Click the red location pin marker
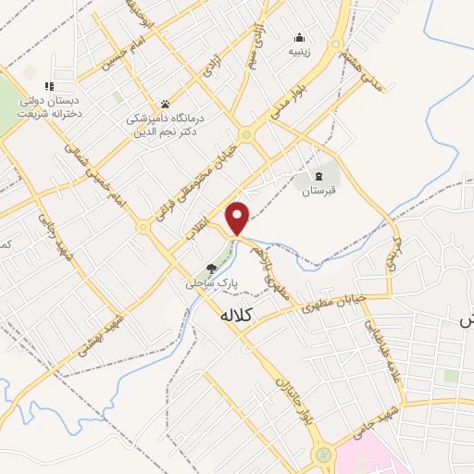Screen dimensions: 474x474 [238, 217]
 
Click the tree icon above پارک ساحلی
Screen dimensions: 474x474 [212, 267]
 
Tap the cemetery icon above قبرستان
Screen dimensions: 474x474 [319, 175]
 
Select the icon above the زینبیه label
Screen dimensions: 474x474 [300, 38]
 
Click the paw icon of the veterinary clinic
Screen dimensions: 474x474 [165, 104]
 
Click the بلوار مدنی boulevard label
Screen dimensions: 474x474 [286, 103]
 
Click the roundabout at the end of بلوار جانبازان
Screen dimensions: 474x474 [322, 455]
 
